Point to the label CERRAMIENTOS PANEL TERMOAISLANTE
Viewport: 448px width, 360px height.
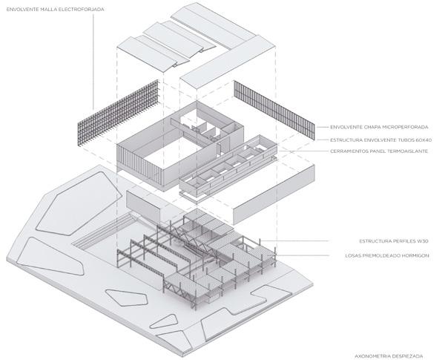click(380, 151)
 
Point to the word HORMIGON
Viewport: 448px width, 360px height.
click(415, 256)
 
